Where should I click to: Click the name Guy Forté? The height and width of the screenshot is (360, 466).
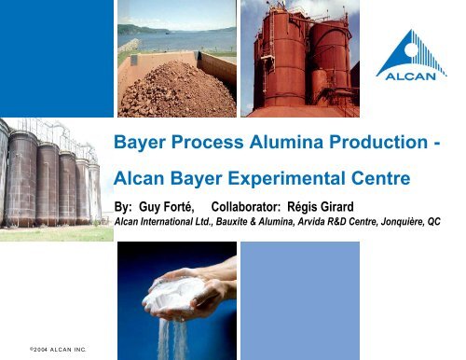click(x=170, y=205)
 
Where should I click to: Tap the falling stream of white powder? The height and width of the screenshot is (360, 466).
click(x=168, y=336)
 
